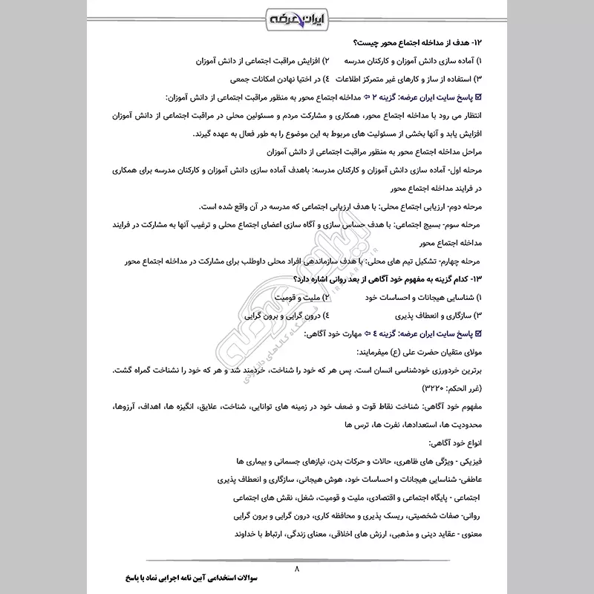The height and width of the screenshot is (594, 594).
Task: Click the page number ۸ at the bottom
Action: click(296, 569)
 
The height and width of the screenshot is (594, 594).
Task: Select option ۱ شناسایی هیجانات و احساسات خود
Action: click(416, 298)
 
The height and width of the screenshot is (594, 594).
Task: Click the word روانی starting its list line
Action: click(469, 515)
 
